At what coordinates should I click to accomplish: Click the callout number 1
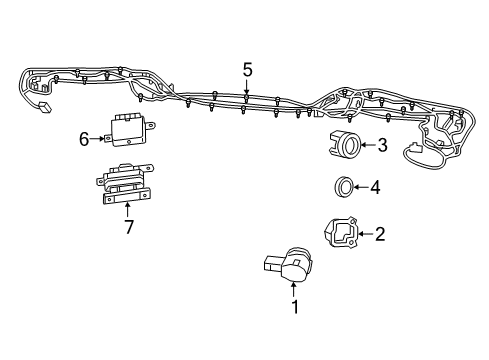click(x=294, y=309)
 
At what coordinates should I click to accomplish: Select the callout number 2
click(x=379, y=235)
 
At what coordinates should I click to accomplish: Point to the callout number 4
click(x=374, y=186)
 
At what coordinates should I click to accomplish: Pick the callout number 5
click(x=247, y=69)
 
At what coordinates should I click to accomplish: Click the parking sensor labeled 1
click(x=290, y=266)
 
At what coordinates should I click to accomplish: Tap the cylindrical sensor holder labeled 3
click(x=348, y=146)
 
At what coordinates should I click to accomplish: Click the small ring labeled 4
click(x=343, y=186)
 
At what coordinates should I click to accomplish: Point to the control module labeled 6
click(x=127, y=127)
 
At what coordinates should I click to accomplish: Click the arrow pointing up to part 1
click(x=294, y=291)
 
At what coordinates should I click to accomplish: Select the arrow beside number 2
click(x=366, y=235)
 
